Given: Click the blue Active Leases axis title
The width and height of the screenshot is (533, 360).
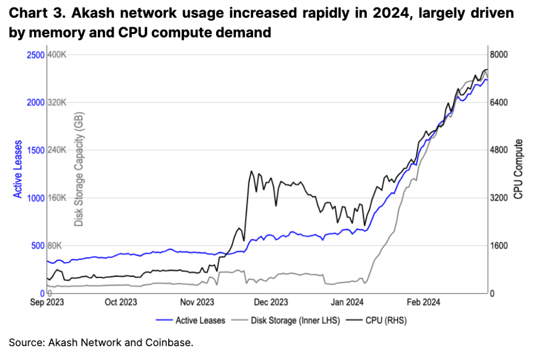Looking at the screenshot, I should (x=18, y=169).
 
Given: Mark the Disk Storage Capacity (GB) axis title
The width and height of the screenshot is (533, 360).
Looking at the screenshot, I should (x=79, y=169).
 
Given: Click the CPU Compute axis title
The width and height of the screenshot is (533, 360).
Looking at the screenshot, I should (x=518, y=169).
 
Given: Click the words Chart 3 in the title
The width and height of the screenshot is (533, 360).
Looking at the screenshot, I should (x=36, y=13).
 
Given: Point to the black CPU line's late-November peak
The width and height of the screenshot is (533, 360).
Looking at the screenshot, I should (x=251, y=172).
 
